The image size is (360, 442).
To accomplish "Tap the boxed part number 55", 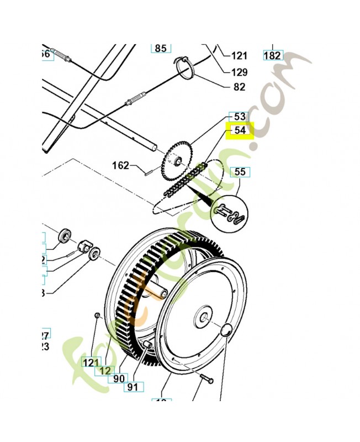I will point(240,172).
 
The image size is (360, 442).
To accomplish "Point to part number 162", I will point(120,165).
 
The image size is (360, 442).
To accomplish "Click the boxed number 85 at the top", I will point(160,48).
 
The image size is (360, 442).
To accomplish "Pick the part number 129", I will point(239,72).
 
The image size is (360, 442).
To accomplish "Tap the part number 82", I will point(239,87).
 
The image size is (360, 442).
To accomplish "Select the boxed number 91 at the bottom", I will point(133,387).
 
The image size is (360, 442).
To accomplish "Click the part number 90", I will point(119,378).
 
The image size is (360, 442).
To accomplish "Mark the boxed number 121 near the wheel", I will point(90,362).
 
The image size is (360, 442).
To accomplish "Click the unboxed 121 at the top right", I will point(239,55).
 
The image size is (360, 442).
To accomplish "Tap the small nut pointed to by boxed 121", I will point(97,315).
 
